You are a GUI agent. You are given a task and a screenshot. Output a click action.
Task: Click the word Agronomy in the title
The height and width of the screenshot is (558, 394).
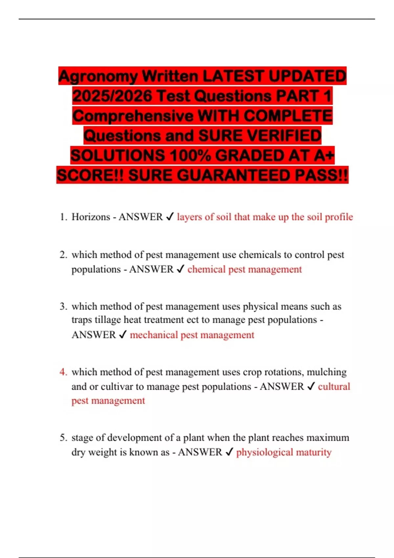(x=98, y=76)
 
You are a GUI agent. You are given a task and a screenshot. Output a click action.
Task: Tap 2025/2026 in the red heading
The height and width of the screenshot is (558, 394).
(x=112, y=96)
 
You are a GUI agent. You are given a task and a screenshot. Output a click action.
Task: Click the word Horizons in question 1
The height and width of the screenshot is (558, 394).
(x=91, y=217)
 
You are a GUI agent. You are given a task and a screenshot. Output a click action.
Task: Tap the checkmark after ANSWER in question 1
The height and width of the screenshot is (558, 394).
(x=170, y=217)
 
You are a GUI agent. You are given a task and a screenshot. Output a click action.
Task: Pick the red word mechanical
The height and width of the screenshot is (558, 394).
(x=154, y=335)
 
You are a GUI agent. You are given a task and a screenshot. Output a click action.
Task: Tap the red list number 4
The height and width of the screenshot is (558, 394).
(x=63, y=372)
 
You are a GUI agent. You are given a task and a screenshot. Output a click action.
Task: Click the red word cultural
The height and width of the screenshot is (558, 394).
(x=334, y=387)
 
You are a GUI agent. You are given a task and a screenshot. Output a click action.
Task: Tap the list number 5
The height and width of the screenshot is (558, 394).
(x=63, y=438)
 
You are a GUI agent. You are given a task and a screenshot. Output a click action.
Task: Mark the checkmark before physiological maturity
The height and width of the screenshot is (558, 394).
(x=229, y=452)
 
